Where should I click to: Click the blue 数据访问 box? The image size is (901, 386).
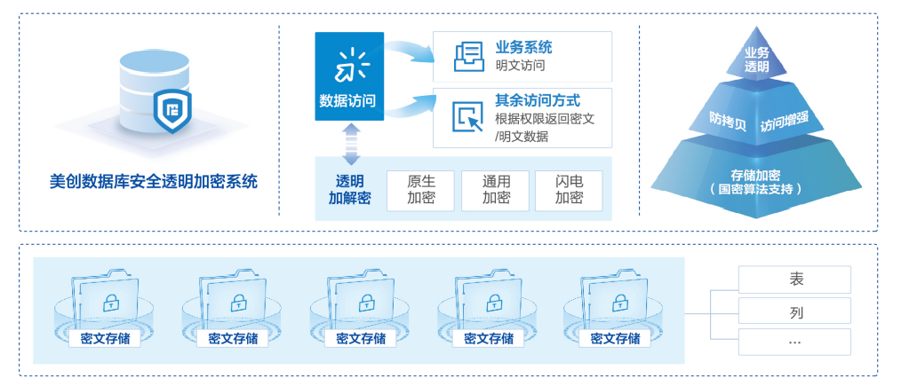(x=349, y=78)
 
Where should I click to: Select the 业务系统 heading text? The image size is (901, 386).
(x=523, y=48)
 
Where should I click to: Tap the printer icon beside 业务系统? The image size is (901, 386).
(x=467, y=57)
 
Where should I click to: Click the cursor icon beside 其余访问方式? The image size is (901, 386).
(x=467, y=116)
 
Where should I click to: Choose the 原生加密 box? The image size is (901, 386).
(x=421, y=190)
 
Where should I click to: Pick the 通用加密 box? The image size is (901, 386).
(x=495, y=190)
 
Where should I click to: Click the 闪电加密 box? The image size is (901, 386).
(x=569, y=190)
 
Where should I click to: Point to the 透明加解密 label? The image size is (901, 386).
(x=349, y=189)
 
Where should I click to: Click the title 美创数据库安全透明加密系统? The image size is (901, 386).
(x=154, y=182)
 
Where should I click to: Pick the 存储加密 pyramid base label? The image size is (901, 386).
(x=756, y=181)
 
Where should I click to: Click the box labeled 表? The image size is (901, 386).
(x=794, y=280)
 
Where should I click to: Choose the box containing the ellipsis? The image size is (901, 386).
(x=794, y=342)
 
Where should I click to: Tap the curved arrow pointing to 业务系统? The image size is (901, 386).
(x=410, y=51)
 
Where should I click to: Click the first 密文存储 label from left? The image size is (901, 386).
(x=105, y=338)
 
